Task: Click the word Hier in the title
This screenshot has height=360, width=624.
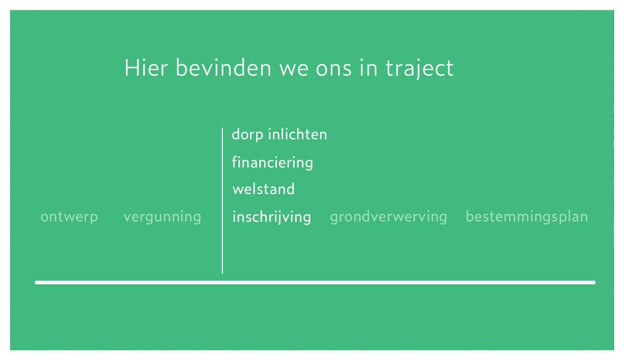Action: click(146, 67)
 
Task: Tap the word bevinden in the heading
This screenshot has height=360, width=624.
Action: click(223, 67)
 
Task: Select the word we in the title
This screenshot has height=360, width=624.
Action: click(294, 70)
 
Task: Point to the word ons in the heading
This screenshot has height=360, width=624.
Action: click(334, 70)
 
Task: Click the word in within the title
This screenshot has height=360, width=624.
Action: click(368, 67)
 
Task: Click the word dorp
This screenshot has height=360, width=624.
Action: click(247, 135)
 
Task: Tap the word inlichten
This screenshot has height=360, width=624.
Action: click(298, 134)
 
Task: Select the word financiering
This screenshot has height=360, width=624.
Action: click(273, 163)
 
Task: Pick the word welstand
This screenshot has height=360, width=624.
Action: click(264, 189)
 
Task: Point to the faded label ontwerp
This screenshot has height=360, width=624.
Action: click(69, 217)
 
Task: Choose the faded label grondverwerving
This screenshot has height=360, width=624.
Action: click(388, 217)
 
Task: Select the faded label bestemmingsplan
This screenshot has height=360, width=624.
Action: click(527, 217)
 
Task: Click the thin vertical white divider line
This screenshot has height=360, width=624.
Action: click(222, 201)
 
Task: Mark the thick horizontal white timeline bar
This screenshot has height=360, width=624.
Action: click(315, 283)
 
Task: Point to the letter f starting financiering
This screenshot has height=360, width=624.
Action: click(236, 162)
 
